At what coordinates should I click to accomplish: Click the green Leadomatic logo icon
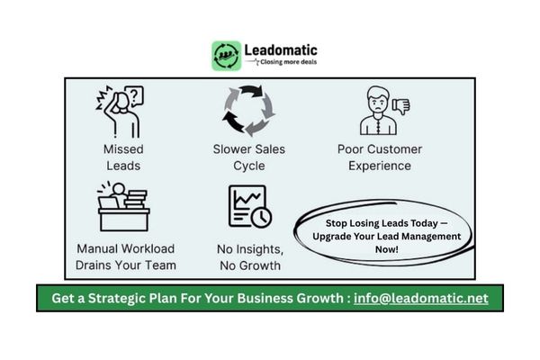[x=226, y=56]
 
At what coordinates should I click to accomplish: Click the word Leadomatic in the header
[x=281, y=50]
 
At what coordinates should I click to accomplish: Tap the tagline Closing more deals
[x=288, y=62]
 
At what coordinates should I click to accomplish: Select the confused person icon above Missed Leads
[x=120, y=112]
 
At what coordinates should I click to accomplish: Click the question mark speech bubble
[x=134, y=95]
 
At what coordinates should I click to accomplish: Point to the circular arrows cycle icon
[x=248, y=110]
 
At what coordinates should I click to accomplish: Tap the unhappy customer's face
[x=378, y=102]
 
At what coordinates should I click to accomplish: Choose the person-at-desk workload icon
[x=123, y=206]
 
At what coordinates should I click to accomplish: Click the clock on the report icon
[x=261, y=218]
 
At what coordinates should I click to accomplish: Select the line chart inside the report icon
[x=247, y=200]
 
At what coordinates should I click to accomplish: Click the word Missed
[x=123, y=149]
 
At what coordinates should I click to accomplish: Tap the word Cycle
[x=249, y=166]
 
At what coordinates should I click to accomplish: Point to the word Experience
[x=380, y=166]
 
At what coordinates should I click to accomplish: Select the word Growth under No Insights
[x=260, y=265]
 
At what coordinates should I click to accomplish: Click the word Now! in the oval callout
[x=387, y=249]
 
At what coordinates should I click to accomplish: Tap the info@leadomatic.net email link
[x=421, y=298]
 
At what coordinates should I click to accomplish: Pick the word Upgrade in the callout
[x=329, y=237]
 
